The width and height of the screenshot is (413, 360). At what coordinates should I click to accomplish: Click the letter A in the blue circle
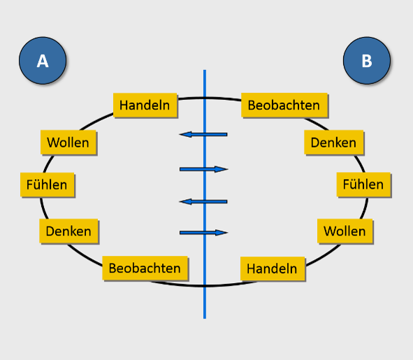click(43, 61)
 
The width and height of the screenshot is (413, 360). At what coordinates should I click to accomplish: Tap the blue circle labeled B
click(367, 61)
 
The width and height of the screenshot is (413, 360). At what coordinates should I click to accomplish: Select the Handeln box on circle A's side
click(145, 105)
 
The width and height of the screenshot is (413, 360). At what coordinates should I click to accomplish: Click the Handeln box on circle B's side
click(273, 268)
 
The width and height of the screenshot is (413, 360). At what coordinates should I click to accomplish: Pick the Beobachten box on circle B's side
click(284, 105)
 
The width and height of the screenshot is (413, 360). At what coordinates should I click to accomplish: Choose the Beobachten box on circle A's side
click(145, 268)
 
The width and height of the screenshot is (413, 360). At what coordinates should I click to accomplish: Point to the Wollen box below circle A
click(68, 143)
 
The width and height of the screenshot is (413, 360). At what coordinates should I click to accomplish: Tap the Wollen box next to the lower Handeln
click(345, 231)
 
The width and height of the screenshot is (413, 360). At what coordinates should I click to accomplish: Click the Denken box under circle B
click(334, 143)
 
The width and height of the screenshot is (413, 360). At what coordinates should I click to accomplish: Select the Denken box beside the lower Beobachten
click(68, 231)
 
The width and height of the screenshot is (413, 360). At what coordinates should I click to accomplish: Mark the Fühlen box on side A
click(47, 185)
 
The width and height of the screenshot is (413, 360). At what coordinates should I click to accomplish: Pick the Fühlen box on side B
click(363, 185)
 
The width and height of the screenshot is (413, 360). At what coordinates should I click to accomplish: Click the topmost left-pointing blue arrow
click(203, 134)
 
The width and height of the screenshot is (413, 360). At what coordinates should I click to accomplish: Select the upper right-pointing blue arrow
click(203, 169)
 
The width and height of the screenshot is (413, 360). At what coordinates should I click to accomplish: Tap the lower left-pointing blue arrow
click(203, 202)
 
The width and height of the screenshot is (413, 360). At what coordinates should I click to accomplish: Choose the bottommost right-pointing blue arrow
click(203, 233)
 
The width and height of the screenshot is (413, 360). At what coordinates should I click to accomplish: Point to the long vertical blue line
click(205, 194)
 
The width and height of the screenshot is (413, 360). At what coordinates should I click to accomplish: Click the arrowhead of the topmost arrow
click(185, 134)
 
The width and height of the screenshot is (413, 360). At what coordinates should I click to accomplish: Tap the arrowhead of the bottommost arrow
click(222, 233)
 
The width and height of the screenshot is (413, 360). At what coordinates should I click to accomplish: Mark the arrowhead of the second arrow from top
click(222, 169)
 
